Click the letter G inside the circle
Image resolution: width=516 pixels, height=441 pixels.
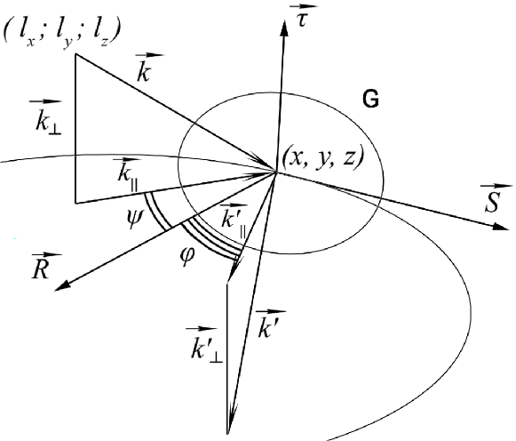pyautogui.click(x=371, y=100)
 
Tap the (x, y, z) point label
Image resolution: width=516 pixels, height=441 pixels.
pyautogui.click(x=325, y=156)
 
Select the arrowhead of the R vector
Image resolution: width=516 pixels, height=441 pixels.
pyautogui.click(x=62, y=285)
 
